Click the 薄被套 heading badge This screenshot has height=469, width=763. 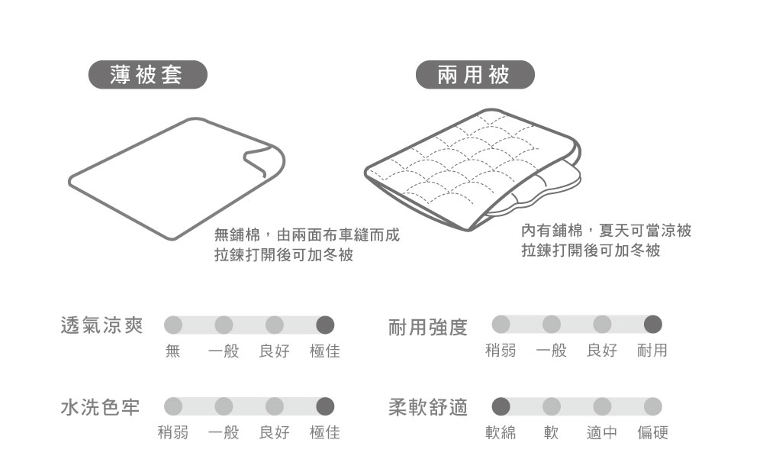click(x=147, y=75)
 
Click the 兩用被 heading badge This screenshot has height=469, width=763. click(x=475, y=75)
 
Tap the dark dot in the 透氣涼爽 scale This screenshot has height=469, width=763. click(x=325, y=325)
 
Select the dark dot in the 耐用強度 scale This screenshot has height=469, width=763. click(x=652, y=325)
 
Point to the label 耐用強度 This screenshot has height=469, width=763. click(x=428, y=328)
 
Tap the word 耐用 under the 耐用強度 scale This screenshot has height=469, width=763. click(x=652, y=351)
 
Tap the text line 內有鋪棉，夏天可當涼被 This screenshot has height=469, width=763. click(x=606, y=230)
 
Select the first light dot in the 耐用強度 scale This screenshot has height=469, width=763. click(x=501, y=325)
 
